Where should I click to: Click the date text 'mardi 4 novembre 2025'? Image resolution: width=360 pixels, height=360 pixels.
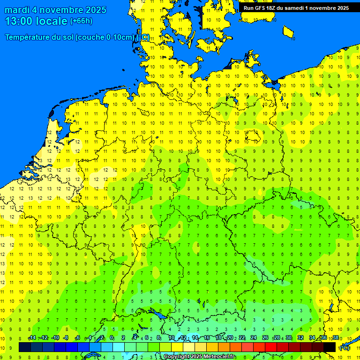[55, 10]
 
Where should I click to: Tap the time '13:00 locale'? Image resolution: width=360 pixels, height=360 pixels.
[36, 21]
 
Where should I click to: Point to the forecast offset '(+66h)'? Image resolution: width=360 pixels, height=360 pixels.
[81, 21]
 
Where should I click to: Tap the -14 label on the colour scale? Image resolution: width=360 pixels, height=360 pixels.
[32, 338]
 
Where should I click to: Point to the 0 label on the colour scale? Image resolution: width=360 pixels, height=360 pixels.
[112, 338]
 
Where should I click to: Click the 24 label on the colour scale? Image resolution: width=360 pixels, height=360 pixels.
[253, 338]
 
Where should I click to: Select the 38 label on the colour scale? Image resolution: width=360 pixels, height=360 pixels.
[336, 338]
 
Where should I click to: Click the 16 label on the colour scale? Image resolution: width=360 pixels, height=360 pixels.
[206, 338]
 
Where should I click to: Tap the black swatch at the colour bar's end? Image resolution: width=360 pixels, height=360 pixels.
[330, 347]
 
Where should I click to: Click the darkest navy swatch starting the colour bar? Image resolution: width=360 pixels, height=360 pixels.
[25, 347]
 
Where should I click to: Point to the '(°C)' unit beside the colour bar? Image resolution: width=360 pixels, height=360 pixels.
[344, 348]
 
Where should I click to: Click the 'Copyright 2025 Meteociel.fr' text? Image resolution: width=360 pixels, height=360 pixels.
[199, 357]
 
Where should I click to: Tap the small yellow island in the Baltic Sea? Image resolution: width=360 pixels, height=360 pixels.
[289, 32]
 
